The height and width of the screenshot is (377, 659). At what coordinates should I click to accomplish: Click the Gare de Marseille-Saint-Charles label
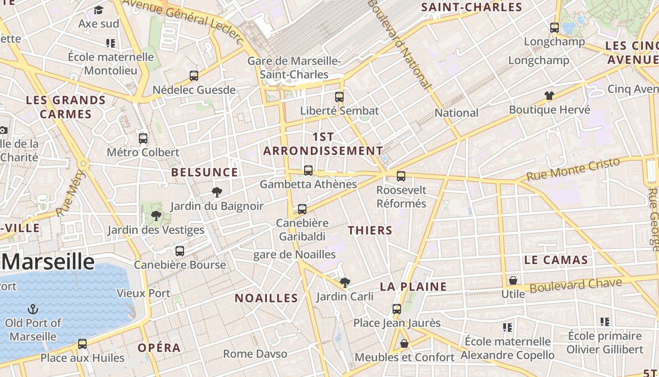click(x=294, y=67)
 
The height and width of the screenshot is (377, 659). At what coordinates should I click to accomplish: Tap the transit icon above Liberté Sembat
click(x=339, y=97)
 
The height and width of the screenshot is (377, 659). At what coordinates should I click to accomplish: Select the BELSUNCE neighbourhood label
click(x=204, y=172)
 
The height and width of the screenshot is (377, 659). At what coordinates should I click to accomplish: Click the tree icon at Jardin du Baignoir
click(x=217, y=192)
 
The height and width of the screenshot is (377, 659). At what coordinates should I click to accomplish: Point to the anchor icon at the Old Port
click(x=33, y=309)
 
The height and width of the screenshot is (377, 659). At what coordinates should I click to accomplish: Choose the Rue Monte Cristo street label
click(x=573, y=170)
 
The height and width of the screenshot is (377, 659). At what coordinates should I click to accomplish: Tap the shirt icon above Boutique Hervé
click(x=549, y=96)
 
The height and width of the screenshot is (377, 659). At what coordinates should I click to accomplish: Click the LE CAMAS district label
click(x=556, y=260)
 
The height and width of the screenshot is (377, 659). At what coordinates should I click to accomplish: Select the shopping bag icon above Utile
click(x=513, y=280)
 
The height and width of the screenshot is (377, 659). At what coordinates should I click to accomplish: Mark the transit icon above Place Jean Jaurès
click(x=397, y=309)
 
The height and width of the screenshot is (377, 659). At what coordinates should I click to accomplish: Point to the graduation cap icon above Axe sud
click(x=98, y=10)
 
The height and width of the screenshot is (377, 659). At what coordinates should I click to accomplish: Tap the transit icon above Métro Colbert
click(x=143, y=139)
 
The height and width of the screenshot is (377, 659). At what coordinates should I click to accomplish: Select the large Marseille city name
click(x=48, y=262)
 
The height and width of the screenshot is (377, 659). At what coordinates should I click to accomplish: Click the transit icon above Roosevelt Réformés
click(x=401, y=176)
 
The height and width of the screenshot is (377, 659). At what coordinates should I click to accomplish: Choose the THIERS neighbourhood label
click(x=370, y=230)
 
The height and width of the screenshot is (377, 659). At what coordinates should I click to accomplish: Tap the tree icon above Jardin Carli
click(x=345, y=282)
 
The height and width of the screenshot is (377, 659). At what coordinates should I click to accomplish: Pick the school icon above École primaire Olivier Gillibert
click(x=605, y=322)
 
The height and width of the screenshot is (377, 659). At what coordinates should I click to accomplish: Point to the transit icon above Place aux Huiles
click(x=82, y=344)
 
